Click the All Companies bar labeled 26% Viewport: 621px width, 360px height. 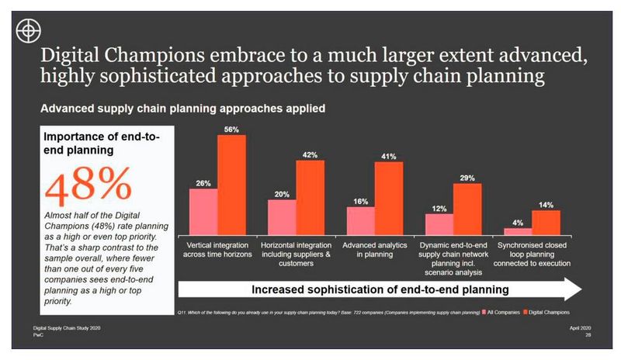tap(204, 211)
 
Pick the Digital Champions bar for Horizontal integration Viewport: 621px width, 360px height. tap(310, 197)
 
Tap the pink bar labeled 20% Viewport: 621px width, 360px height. tap(283, 217)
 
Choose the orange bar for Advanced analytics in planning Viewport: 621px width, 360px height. tap(389, 198)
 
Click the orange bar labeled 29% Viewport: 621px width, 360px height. tap(467, 209)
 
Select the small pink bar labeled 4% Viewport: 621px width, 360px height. tap(519, 230)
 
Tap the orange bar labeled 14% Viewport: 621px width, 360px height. tap(546, 222)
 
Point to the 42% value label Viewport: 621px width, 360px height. tap(310, 154)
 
